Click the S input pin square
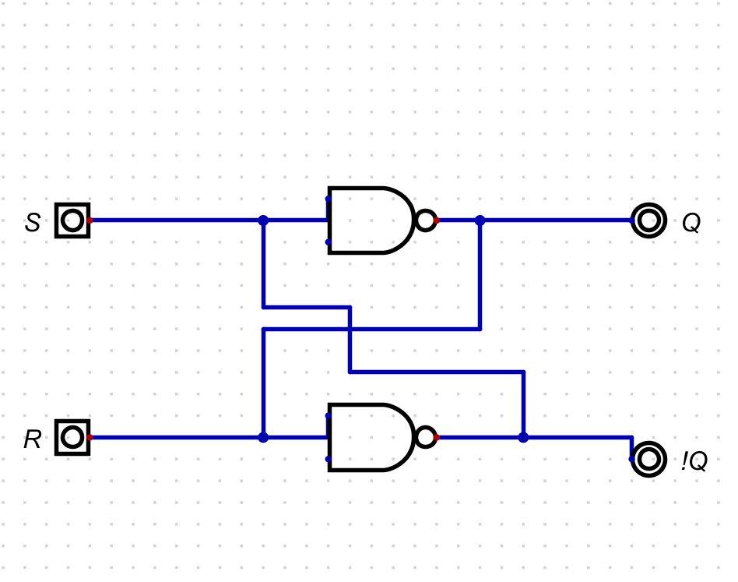coord(72,220)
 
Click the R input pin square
coord(72,437)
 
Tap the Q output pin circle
coord(648,220)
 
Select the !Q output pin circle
coord(648,459)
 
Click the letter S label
coord(32,223)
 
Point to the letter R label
coord(32,439)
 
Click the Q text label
coord(691,224)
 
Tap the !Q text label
coord(694,461)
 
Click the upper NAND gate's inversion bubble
coord(425,220)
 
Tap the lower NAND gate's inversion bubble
coord(425,437)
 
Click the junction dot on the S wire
coord(263,220)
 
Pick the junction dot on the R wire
coord(263,437)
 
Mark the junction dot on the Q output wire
coord(480,220)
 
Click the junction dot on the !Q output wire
coord(523,437)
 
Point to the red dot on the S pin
coord(90,220)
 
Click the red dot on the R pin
coord(90,437)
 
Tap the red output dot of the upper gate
coord(437,220)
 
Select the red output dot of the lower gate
coord(437,437)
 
